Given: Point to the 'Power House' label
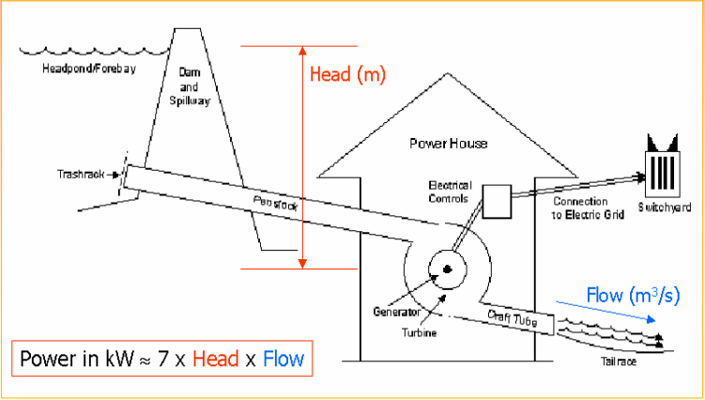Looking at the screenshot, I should (x=448, y=144).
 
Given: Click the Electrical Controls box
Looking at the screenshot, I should (x=495, y=198).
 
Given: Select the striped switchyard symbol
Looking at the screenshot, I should (x=662, y=169).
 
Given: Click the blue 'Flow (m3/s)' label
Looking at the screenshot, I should (x=633, y=297).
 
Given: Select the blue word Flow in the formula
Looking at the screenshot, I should (x=284, y=360).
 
